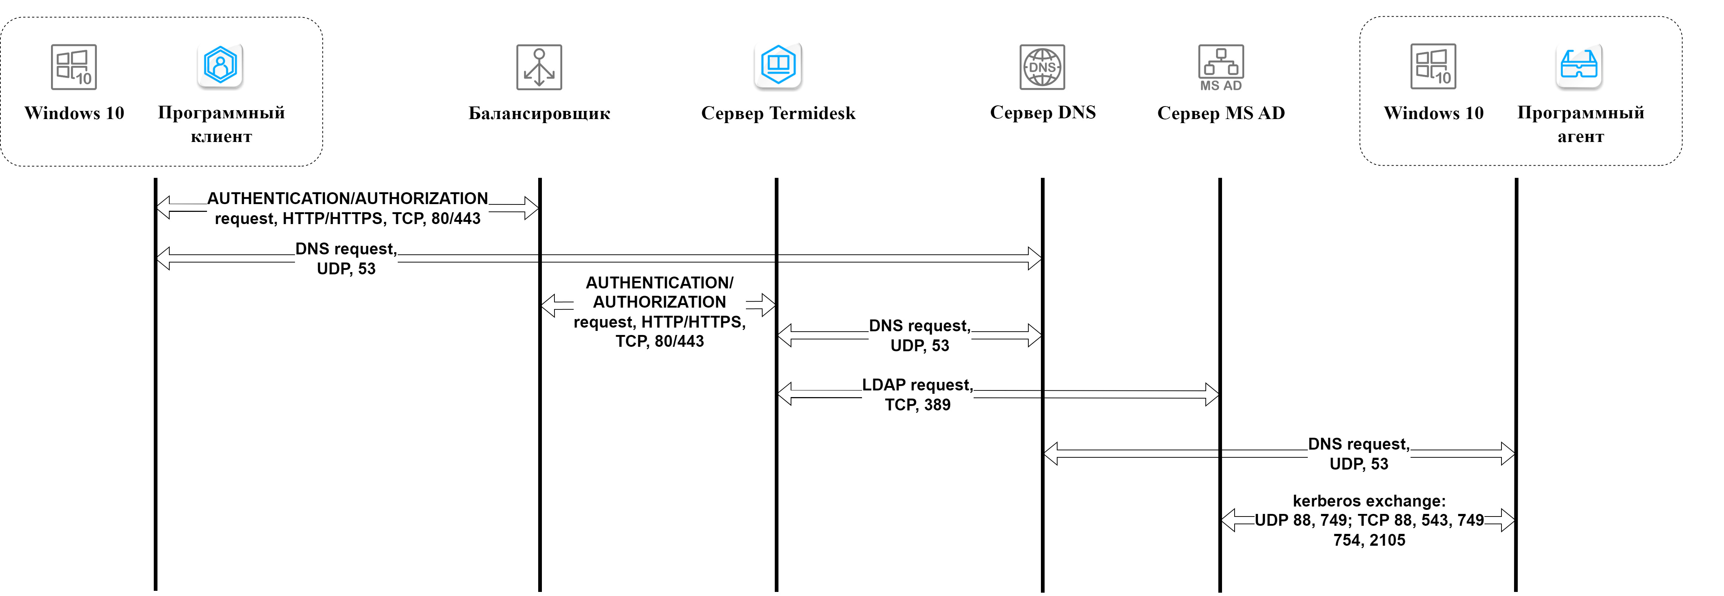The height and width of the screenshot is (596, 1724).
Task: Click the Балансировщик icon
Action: (539, 67)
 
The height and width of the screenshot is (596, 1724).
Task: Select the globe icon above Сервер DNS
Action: (1042, 67)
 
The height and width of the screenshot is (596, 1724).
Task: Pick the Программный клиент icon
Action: (220, 65)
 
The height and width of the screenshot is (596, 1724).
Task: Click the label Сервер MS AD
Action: (1221, 113)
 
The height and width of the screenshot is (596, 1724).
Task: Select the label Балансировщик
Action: (539, 113)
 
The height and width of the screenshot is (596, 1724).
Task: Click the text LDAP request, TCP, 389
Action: (917, 394)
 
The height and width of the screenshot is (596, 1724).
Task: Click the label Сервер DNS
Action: (1042, 112)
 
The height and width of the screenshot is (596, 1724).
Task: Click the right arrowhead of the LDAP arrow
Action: (1212, 394)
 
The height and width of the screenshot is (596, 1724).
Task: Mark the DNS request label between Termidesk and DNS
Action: (920, 335)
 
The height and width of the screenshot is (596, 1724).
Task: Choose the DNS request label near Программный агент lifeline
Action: (1358, 453)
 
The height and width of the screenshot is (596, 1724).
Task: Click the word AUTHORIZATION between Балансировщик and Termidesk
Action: (659, 302)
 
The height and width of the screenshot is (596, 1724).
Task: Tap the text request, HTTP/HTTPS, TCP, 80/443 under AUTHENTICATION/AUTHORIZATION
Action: (347, 218)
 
